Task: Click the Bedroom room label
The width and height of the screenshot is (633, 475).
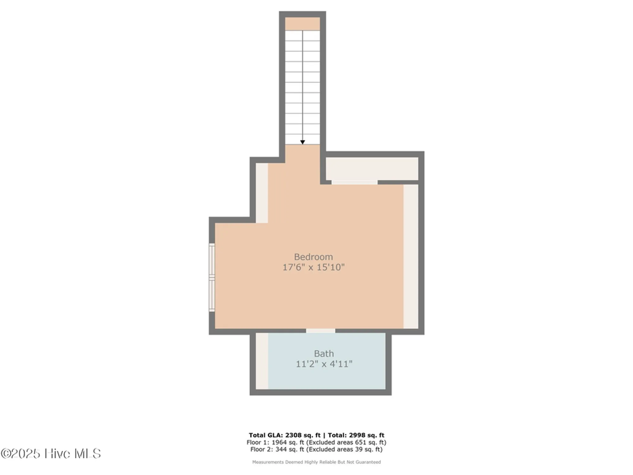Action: tap(313, 257)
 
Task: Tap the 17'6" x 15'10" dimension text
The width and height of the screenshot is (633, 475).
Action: tap(313, 267)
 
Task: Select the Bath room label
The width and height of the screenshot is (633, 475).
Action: tap(324, 353)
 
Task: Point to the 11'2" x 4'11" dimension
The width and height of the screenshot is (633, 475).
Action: tap(324, 364)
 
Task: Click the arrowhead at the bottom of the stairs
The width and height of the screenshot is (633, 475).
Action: tap(303, 142)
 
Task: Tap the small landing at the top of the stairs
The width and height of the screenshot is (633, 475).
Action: tap(302, 24)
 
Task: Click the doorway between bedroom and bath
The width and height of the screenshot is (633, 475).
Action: tap(320, 331)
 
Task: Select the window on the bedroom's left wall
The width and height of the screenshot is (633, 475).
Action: tap(212, 277)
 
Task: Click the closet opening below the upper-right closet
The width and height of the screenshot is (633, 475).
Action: tap(354, 182)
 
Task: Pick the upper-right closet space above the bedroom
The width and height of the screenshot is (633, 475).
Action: tap(372, 168)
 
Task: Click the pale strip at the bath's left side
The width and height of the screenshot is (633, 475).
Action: tap(262, 361)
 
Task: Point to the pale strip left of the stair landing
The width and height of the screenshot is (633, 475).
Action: tap(262, 193)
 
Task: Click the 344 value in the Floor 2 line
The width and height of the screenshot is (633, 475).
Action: tap(281, 449)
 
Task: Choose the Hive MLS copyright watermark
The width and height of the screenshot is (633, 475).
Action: tap(51, 453)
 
